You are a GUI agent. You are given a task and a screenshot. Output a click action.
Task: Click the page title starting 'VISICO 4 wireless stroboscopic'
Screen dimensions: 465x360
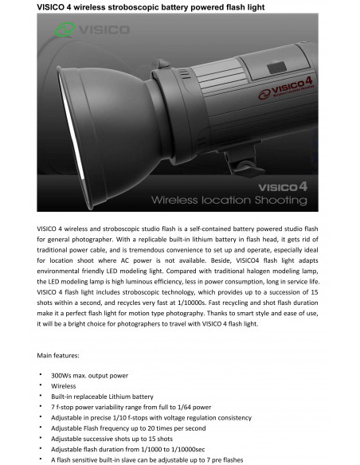coord(151,6)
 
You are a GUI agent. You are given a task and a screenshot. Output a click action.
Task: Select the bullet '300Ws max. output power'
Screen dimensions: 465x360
coord(88,374)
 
